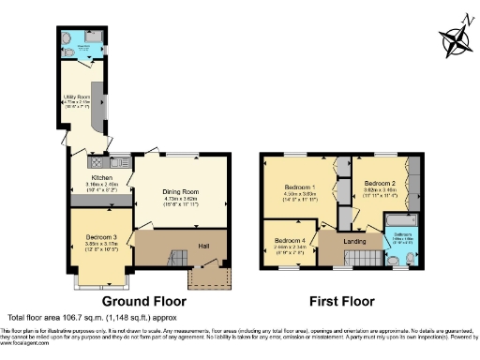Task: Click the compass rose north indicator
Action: click(x=457, y=38)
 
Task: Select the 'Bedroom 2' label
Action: click(x=380, y=183)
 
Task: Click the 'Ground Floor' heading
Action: click(x=143, y=302)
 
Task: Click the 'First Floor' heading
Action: click(x=342, y=302)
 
